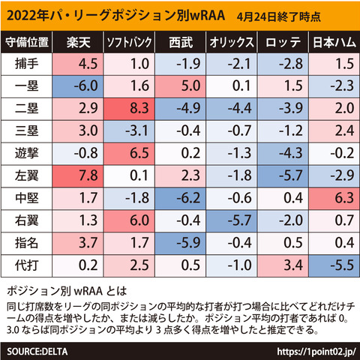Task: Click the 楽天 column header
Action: [78, 42]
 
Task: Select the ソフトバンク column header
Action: [129, 42]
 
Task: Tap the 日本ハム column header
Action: [334, 42]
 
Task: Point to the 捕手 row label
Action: [26, 64]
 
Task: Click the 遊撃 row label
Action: [26, 153]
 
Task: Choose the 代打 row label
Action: [26, 265]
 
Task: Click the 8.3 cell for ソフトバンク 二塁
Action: [129, 109]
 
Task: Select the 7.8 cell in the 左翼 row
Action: [77, 175]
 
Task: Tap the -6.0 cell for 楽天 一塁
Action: [77, 86]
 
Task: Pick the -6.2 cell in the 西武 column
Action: [180, 198]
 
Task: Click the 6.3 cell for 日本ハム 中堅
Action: [334, 198]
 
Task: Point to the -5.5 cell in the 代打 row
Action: [334, 265]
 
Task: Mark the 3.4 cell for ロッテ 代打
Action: [283, 265]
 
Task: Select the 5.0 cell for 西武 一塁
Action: [180, 86]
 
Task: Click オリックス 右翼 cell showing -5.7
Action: [232, 220]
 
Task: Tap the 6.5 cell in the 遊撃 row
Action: [129, 153]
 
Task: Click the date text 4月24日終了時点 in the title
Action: [279, 17]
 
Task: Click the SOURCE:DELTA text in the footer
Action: [37, 352]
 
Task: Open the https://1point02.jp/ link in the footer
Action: [316, 352]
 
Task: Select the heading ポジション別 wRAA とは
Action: [67, 291]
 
